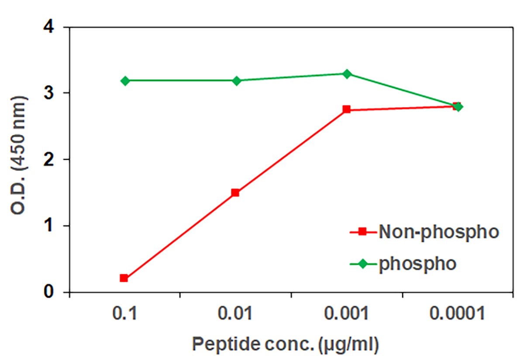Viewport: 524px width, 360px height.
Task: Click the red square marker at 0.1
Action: click(x=124, y=278)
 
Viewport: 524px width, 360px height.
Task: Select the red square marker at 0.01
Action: click(x=235, y=192)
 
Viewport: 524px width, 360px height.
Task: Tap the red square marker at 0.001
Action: click(x=346, y=109)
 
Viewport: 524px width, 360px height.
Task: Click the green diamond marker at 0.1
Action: click(x=125, y=81)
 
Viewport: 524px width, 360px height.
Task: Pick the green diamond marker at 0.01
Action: click(x=237, y=81)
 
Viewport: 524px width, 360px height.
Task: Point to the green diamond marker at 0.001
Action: click(x=347, y=74)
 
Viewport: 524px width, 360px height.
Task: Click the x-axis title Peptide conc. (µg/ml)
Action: click(x=285, y=344)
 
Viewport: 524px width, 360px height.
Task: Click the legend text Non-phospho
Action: click(x=438, y=232)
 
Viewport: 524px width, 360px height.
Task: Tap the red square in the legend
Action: click(x=362, y=232)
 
